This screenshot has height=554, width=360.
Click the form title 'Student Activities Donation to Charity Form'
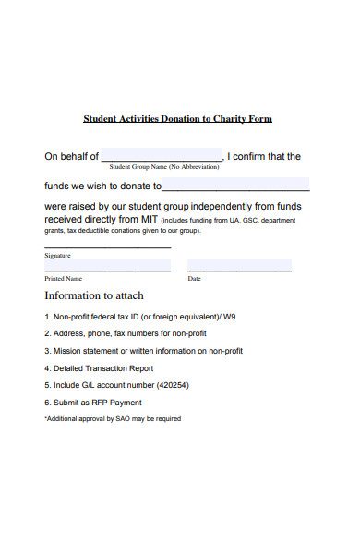(178, 119)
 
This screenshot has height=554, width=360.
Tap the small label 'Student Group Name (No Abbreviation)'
(163, 167)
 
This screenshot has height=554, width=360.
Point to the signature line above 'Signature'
(107, 247)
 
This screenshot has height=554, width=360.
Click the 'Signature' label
(57, 255)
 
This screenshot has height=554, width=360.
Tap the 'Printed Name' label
(64, 278)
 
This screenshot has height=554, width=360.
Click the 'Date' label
(194, 278)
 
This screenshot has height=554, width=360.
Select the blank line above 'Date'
(239, 271)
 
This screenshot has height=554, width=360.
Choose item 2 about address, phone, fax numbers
(126, 333)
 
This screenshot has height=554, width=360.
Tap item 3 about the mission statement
(143, 351)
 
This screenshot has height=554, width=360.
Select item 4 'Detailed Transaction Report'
(99, 367)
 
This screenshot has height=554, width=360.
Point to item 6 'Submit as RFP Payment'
(93, 402)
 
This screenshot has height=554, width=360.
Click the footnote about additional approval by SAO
(113, 418)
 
